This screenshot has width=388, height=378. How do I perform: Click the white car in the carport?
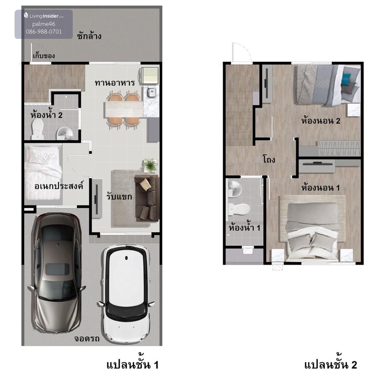[x=126, y=294]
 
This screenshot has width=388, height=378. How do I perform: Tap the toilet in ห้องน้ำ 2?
[x=38, y=129]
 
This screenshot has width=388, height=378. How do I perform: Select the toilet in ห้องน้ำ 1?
[x=239, y=209]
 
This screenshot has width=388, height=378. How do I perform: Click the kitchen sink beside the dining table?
[x=151, y=92]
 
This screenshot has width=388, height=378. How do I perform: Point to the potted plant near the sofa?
[x=150, y=165]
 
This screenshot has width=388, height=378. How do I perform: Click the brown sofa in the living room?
[x=147, y=198]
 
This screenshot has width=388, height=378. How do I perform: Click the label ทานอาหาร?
[x=115, y=83]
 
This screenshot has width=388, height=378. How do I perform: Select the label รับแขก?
[x=119, y=197]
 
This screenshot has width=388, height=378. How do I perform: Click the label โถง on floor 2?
[x=269, y=159]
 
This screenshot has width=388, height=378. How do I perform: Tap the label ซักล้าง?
[x=89, y=36]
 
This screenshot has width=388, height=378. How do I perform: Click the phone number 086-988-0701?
[x=44, y=31]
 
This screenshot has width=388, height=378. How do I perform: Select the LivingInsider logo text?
[x=44, y=16]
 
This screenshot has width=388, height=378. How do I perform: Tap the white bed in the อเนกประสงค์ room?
[x=43, y=172]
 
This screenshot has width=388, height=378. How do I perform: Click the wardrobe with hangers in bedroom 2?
[x=339, y=148]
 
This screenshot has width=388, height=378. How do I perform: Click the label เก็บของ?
[x=44, y=56]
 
